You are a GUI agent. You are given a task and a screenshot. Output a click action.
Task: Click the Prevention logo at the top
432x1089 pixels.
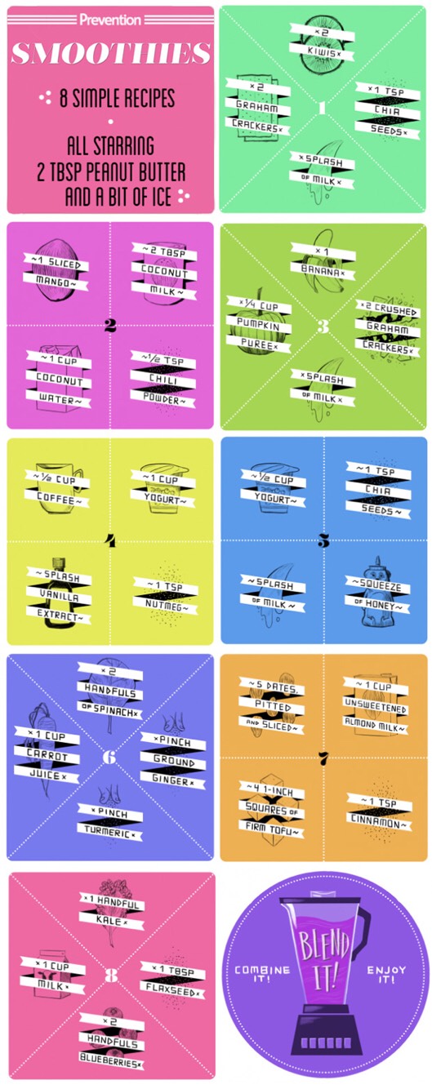(110, 20)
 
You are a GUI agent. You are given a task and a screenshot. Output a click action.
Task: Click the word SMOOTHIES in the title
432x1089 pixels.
(111, 53)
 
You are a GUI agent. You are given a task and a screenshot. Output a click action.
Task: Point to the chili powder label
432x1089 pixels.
(163, 380)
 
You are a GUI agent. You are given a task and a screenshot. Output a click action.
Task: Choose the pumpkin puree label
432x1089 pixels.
(259, 325)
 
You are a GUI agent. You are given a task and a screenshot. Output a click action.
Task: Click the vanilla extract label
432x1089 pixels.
(59, 597)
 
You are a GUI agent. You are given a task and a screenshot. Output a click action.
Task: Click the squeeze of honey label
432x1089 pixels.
(377, 596)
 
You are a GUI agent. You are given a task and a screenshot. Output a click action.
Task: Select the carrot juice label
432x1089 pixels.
(47, 756)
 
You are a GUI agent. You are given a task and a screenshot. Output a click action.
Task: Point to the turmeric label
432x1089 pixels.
(110, 823)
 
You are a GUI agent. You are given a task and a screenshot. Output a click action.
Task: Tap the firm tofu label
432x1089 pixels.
(271, 810)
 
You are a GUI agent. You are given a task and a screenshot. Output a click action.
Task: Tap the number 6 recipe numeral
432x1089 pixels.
(109, 757)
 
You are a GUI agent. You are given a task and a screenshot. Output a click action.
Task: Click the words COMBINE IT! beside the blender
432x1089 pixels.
(262, 973)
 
